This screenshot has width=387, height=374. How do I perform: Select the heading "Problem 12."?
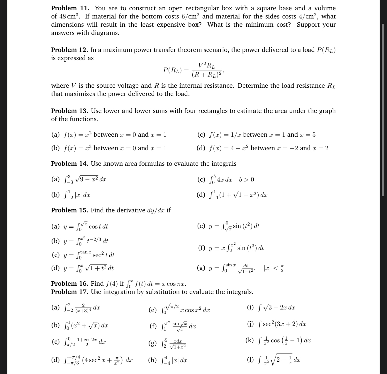click(69, 50)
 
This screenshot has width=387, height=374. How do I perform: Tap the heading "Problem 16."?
click(69, 283)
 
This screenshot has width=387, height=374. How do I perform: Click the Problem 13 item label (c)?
click(201, 135)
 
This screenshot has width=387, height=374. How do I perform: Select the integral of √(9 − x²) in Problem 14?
click(85, 179)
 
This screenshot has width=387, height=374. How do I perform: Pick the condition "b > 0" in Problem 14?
click(247, 180)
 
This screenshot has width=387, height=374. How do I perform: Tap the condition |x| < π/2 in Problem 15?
click(274, 268)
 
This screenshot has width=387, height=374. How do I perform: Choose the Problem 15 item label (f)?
click(202, 248)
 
